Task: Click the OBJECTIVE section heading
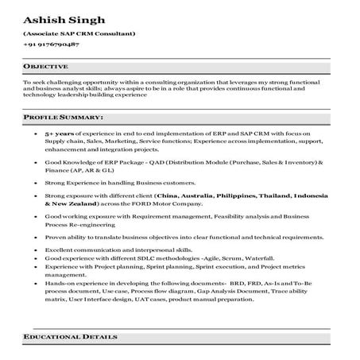click(x=45, y=66)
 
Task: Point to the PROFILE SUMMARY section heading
click(x=64, y=118)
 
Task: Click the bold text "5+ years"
click(x=60, y=135)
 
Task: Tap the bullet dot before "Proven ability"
click(x=37, y=236)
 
